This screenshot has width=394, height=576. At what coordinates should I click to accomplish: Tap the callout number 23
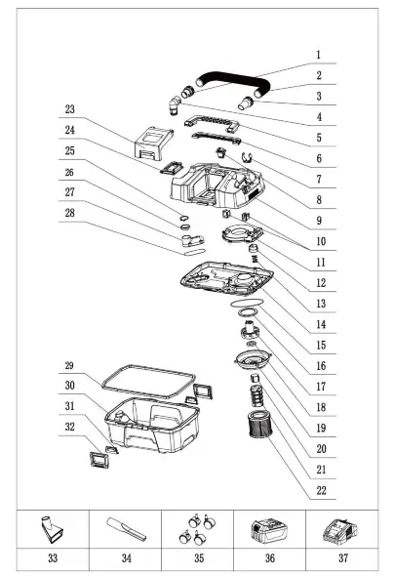[69, 108]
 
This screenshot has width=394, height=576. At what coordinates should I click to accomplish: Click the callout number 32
[69, 427]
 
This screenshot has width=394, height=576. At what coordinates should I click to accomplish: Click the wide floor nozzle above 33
[51, 534]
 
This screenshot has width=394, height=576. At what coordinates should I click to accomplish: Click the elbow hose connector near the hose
[174, 100]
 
